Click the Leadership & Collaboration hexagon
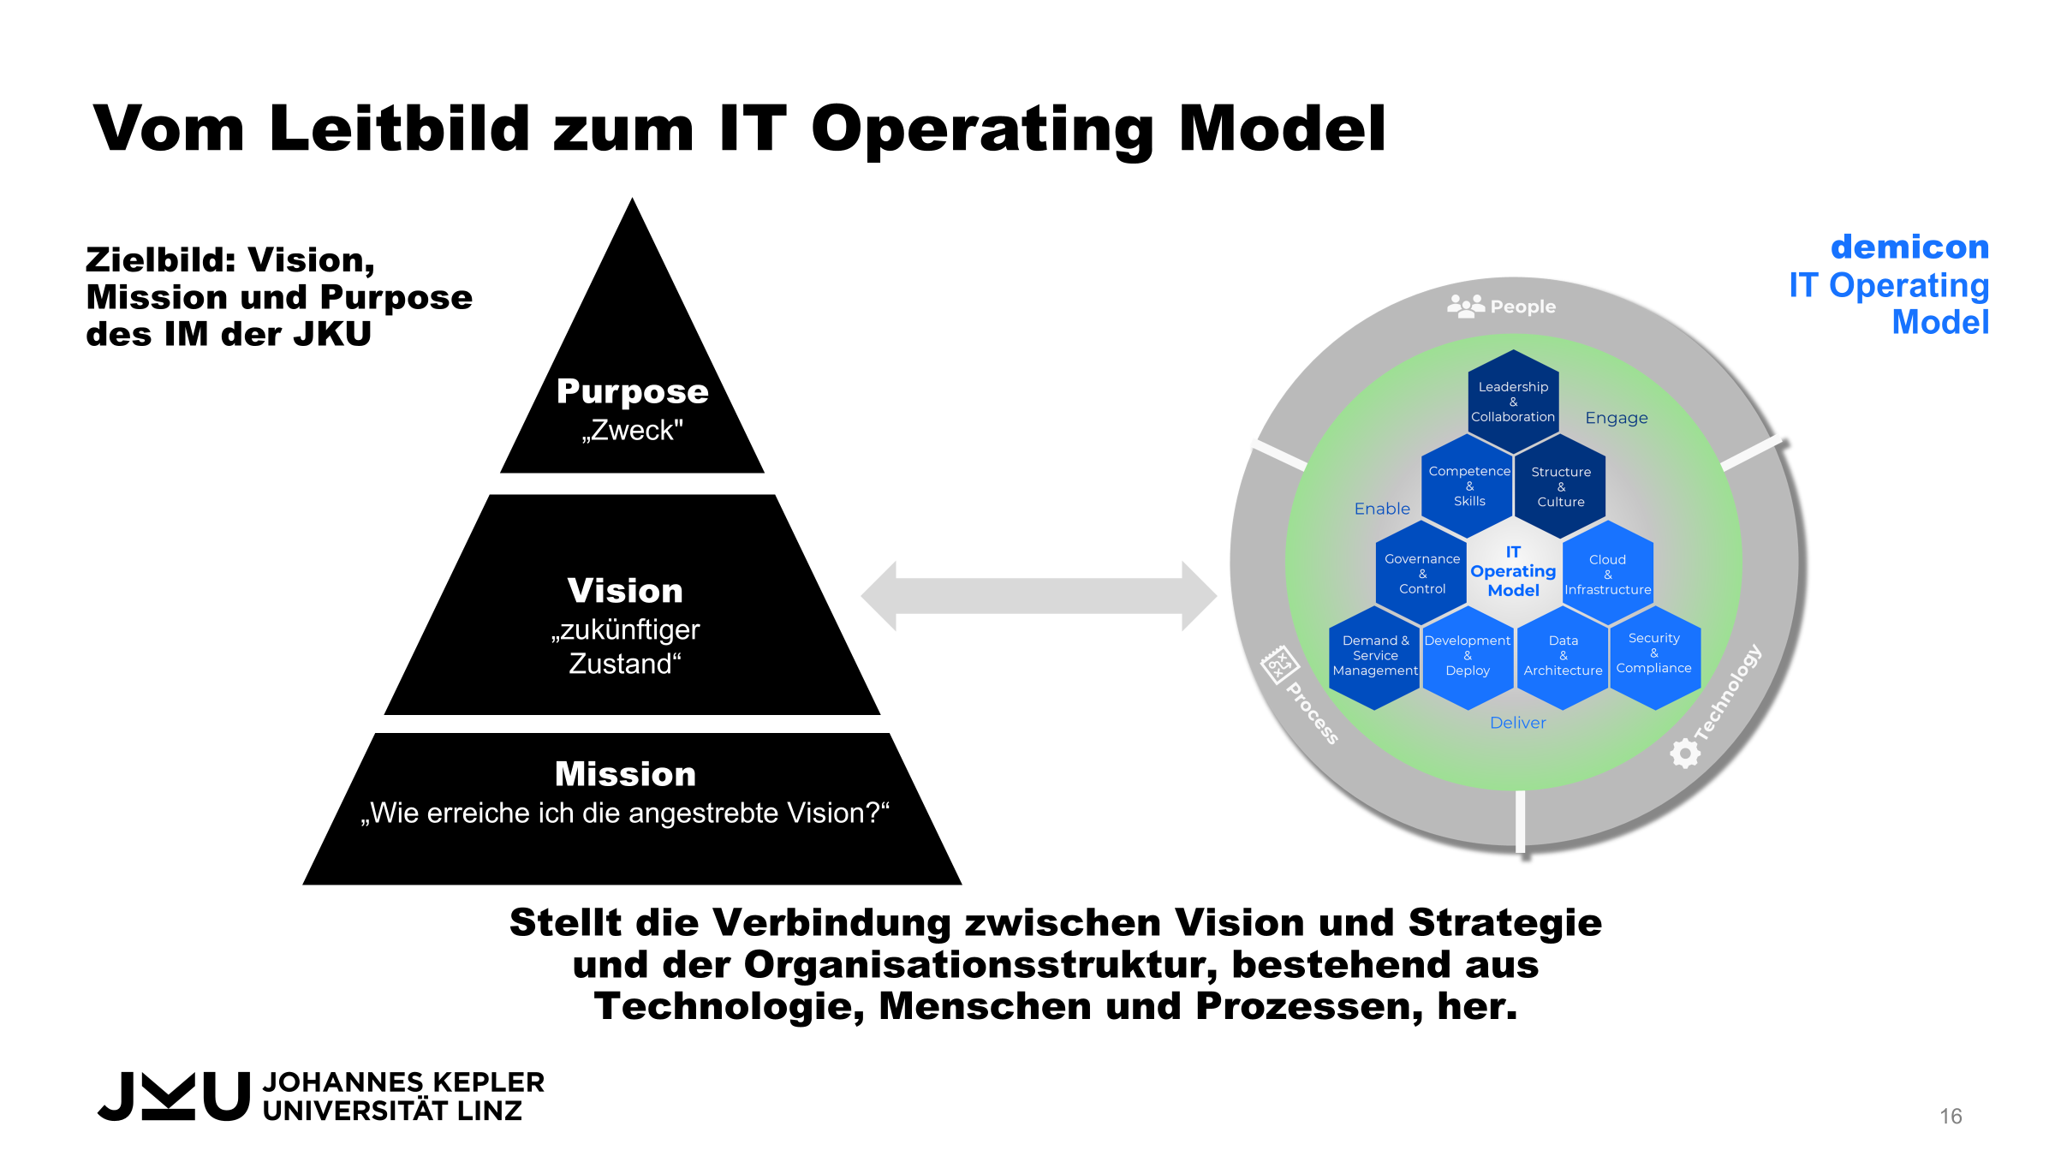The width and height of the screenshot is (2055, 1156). click(1513, 401)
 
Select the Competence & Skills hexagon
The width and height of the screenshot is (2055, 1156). click(1468, 486)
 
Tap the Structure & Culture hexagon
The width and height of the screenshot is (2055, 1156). click(1560, 486)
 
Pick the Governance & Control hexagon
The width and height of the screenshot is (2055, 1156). click(1421, 573)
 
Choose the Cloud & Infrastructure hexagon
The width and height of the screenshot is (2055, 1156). click(1607, 574)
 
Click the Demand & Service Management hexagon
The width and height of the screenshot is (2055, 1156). click(1374, 656)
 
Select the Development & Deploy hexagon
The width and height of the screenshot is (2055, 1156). click(1467, 656)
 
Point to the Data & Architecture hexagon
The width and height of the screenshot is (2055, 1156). click(1563, 656)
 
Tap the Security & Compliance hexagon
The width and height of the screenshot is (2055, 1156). click(1653, 654)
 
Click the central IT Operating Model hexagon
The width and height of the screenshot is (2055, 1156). click(1513, 571)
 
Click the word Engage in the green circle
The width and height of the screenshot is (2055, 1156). click(1616, 418)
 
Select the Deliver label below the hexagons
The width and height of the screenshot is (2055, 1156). click(1517, 723)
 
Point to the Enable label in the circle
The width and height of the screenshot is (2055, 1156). click(1381, 509)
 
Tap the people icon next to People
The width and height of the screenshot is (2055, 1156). click(1465, 306)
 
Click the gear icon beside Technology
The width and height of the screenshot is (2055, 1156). click(1684, 754)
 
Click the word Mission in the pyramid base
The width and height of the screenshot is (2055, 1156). click(625, 774)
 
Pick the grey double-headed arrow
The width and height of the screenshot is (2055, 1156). click(1038, 596)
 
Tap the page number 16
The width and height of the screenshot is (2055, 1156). click(1951, 1116)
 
